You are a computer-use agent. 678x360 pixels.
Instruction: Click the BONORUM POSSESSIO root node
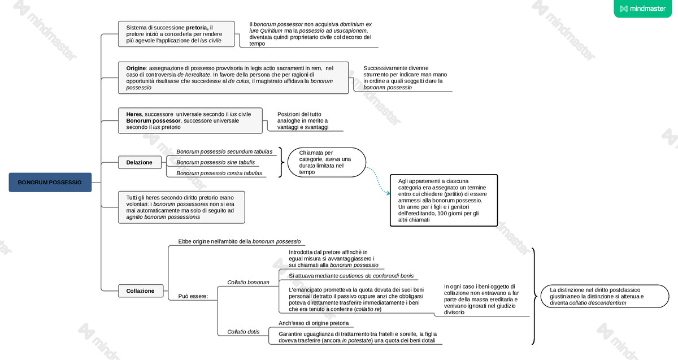[50, 183]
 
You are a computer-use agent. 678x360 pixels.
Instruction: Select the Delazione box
[139, 162]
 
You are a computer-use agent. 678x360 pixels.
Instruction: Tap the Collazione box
[140, 291]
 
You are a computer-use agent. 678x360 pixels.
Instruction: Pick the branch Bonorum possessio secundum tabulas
[224, 151]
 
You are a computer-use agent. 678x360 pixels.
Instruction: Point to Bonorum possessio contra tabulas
[219, 173]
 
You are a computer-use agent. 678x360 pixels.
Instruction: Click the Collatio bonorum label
[248, 282]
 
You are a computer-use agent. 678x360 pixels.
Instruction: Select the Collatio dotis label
[243, 332]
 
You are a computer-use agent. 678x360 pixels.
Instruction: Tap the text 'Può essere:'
[193, 296]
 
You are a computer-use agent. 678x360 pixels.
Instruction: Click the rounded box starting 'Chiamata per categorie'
[327, 162]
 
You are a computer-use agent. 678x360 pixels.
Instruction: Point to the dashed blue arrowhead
[388, 194]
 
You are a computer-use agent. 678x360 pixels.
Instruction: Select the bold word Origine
[136, 68]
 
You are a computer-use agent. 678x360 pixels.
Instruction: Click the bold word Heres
[134, 114]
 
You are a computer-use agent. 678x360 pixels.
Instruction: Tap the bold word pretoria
[196, 27]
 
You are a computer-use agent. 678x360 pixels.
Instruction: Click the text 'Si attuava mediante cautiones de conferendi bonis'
[351, 276]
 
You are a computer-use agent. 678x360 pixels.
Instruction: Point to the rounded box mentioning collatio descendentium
[604, 296]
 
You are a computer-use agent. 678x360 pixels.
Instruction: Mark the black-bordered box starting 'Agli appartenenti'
[444, 200]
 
